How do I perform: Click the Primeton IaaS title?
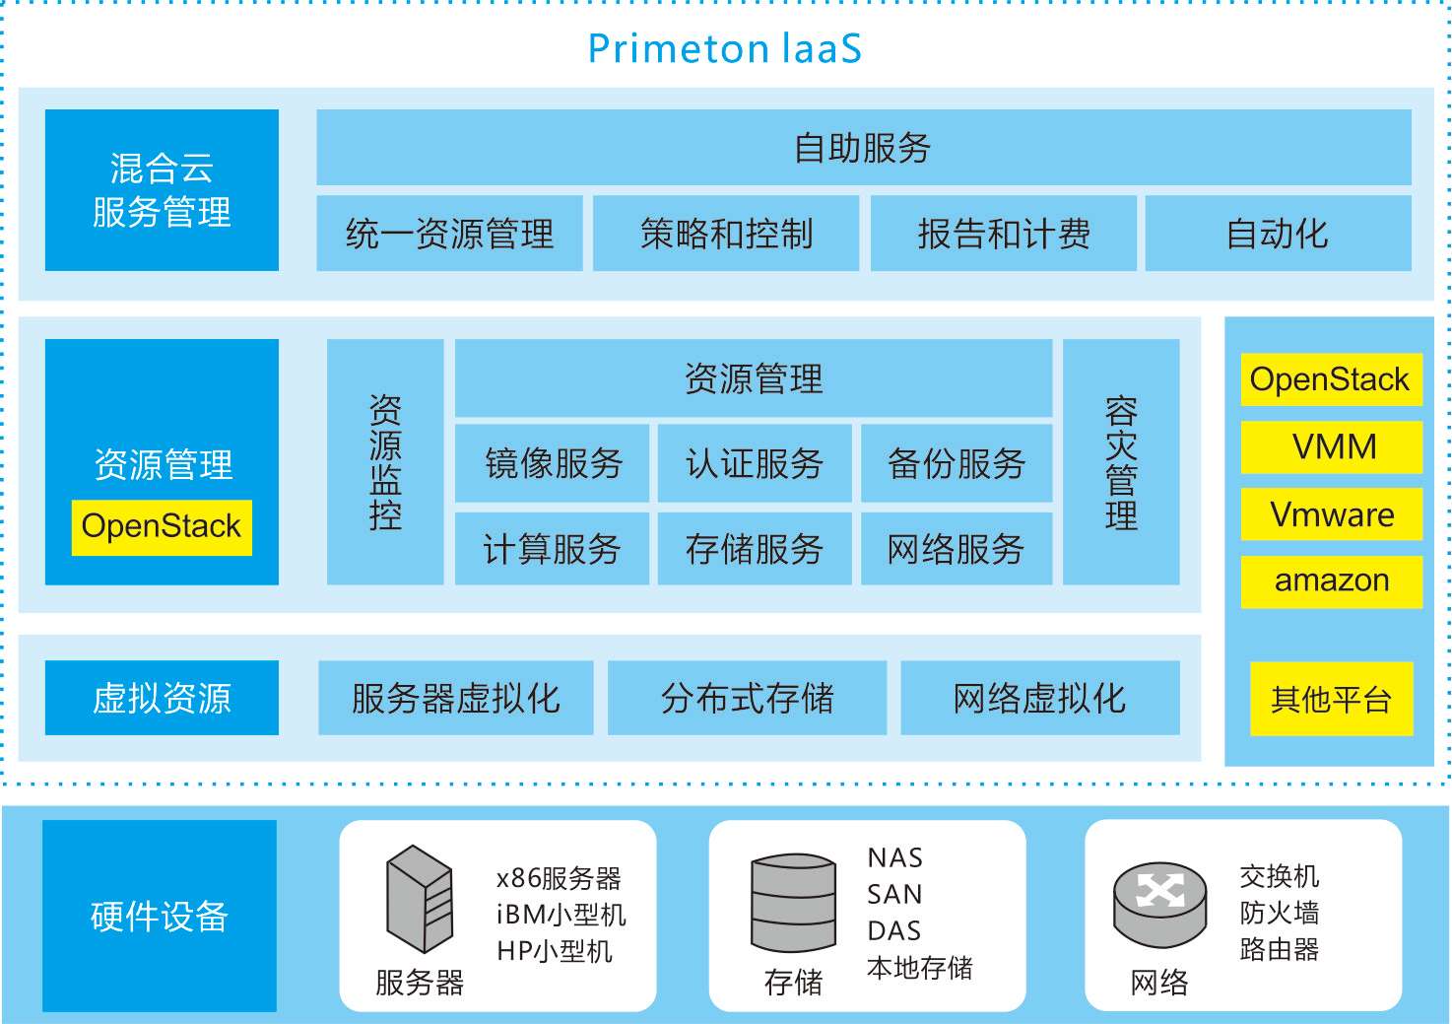(724, 48)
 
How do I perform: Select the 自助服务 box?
(863, 148)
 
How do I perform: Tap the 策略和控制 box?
(726, 234)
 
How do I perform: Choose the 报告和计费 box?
(1003, 234)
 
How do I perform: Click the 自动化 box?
(1278, 234)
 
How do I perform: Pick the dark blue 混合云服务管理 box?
(162, 189)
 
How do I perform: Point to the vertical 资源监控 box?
(385, 462)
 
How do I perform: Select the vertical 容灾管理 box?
(1121, 462)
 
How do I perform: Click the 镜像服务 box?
(553, 463)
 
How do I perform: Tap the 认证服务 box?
(755, 463)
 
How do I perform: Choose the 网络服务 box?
(956, 549)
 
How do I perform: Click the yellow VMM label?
(1332, 447)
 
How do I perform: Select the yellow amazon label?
(1332, 581)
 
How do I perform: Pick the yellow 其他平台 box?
(1331, 699)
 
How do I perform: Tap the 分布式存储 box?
(747, 698)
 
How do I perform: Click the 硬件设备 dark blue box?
(160, 916)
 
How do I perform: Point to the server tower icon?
(420, 898)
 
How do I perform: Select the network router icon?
(1159, 902)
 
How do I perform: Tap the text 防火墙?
(1279, 913)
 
